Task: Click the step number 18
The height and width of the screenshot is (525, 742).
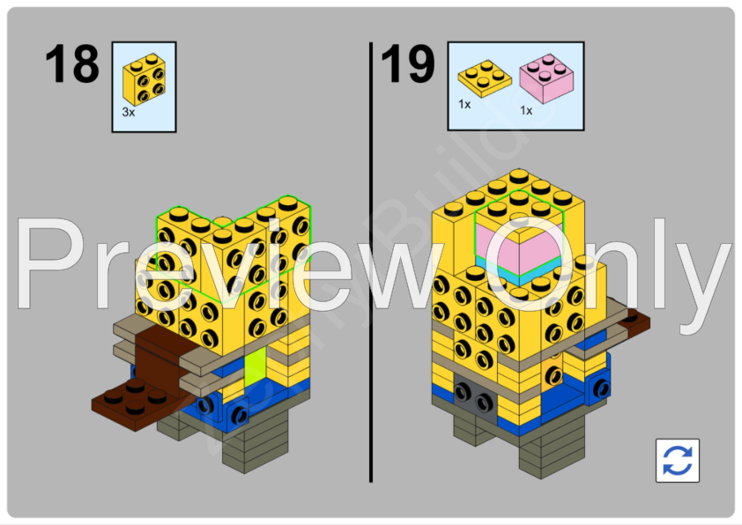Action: click(72, 65)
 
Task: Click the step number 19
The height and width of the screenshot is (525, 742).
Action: click(408, 65)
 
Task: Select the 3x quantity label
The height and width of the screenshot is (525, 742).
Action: click(129, 113)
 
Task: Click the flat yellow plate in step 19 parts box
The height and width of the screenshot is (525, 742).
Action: click(484, 78)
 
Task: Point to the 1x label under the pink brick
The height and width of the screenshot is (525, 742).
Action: click(526, 111)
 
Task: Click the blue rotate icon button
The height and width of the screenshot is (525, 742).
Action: click(677, 461)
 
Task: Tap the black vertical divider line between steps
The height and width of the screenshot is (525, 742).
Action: click(371, 264)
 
